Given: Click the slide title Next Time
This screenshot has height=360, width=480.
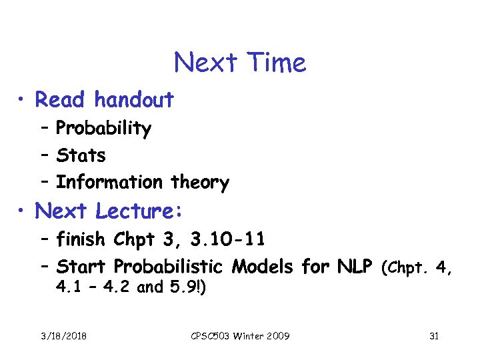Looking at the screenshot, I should [x=240, y=63].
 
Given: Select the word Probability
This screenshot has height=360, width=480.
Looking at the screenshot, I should [x=103, y=128].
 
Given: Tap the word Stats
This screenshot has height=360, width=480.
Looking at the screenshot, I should [x=81, y=155].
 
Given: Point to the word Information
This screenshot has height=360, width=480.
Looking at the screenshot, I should [x=109, y=182].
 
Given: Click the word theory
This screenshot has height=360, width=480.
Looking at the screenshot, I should [x=200, y=183].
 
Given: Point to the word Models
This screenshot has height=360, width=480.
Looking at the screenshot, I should [x=263, y=267].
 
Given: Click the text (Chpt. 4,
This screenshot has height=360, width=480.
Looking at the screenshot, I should [x=417, y=268].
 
